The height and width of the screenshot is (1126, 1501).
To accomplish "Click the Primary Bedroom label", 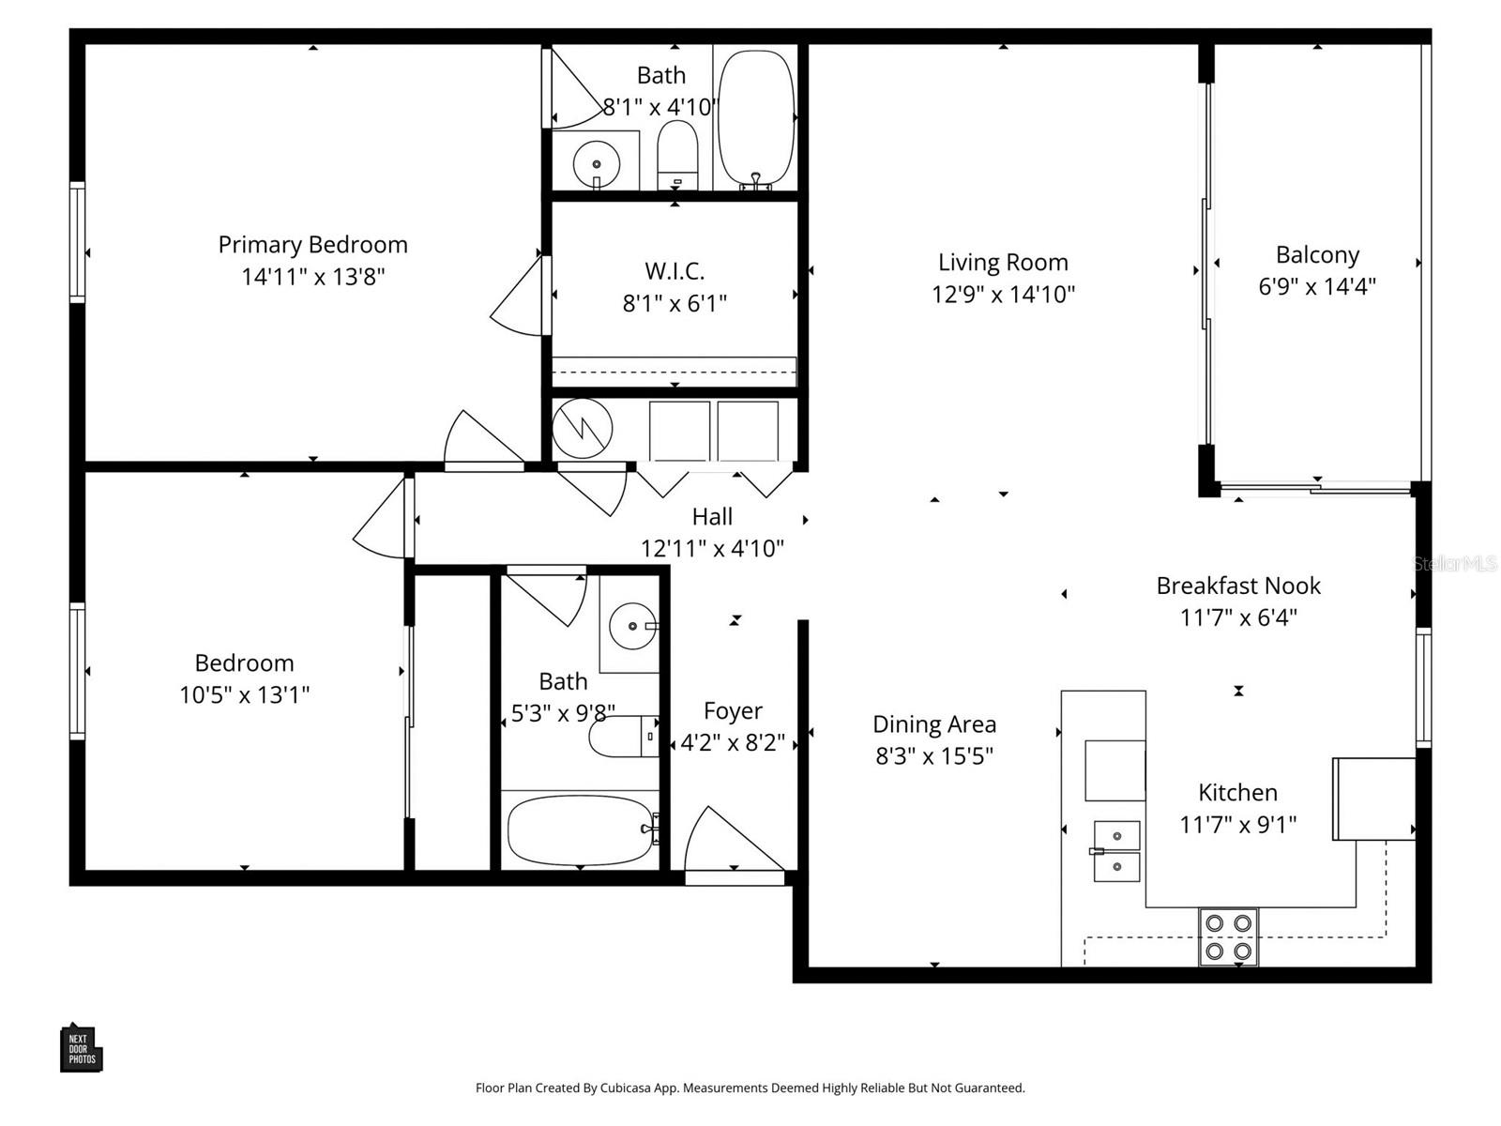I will point(312,245).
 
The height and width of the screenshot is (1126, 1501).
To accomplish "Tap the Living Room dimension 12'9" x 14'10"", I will point(1003,295).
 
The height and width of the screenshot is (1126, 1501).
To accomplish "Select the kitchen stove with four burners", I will point(1228,936).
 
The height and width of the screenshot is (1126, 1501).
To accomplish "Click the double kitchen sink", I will point(1116,851).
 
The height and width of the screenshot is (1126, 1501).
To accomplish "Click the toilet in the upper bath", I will point(677,155).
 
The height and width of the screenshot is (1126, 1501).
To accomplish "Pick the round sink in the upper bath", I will point(596,164).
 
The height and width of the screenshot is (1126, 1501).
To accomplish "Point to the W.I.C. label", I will point(675,271).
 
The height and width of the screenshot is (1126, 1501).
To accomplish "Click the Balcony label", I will point(1317,255).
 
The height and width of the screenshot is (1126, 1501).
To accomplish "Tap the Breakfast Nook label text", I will point(1237,586).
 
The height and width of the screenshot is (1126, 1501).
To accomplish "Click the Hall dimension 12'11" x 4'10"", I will point(712,549).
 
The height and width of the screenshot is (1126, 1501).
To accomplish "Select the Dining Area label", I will point(933,724).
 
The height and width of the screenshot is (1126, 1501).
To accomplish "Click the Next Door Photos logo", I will point(81,1048).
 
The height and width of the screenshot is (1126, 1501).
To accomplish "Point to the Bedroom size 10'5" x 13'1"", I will point(244,695).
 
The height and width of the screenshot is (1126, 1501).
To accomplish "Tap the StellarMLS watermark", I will point(1455,564).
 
